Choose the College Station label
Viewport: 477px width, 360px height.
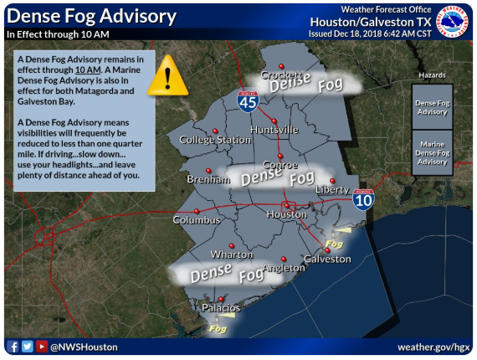click(215, 140)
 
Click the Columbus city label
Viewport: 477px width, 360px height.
click(196, 220)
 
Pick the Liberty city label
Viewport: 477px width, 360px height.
click(331, 190)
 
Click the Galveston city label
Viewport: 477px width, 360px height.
click(326, 259)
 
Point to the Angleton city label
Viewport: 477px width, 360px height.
click(283, 268)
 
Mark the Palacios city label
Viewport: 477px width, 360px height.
click(221, 308)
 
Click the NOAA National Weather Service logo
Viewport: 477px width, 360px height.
click(452, 21)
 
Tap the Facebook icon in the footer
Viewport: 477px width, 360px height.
click(13, 346)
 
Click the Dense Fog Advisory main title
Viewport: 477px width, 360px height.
click(91, 16)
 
